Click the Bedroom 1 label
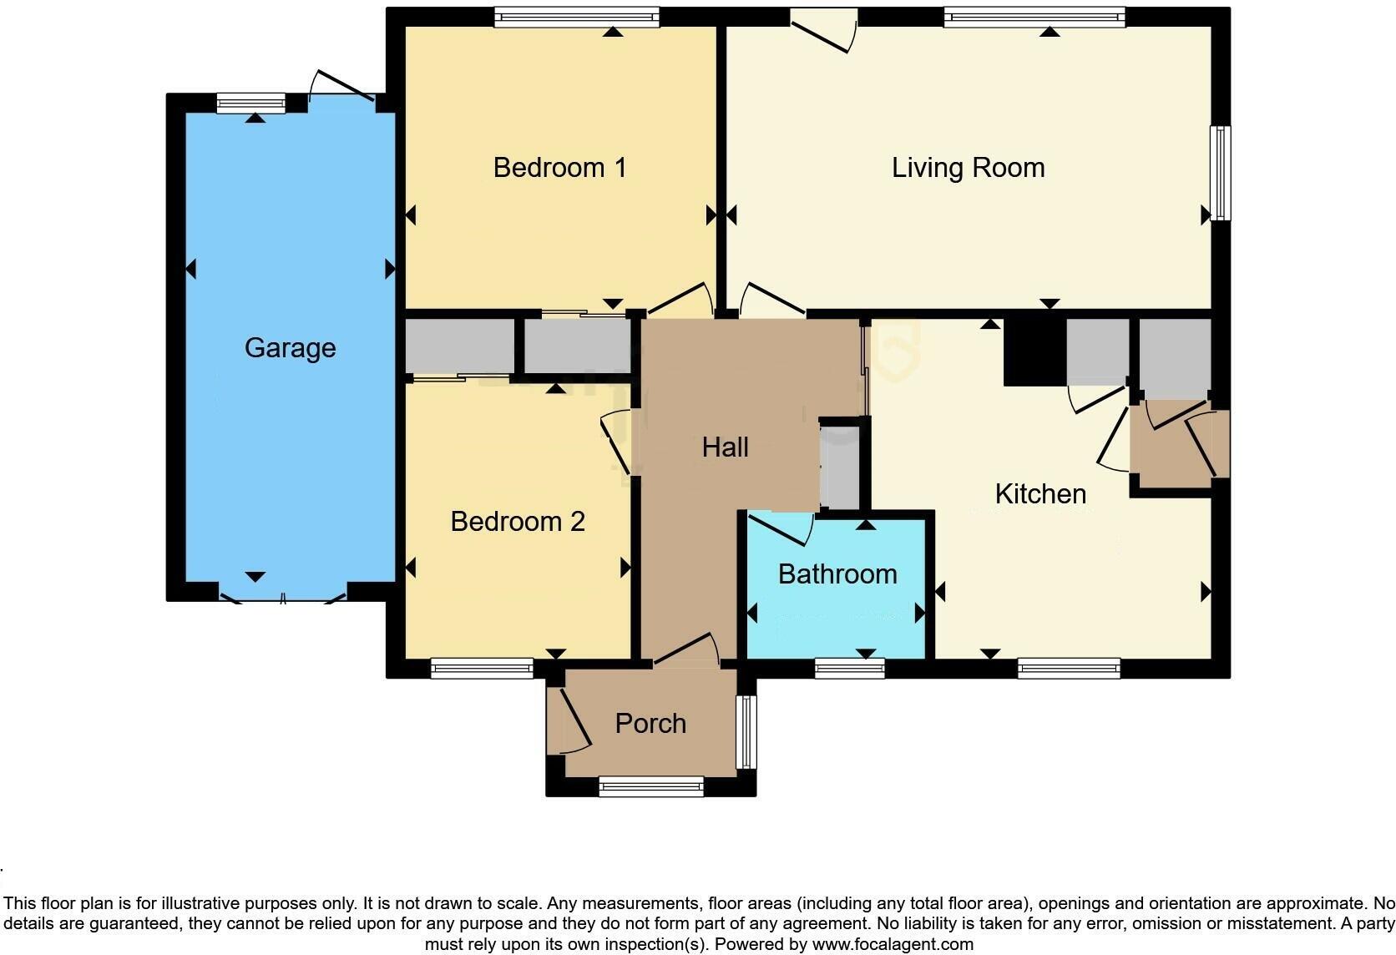click(x=559, y=168)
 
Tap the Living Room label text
click(x=968, y=168)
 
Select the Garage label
click(x=290, y=348)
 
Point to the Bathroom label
click(x=837, y=574)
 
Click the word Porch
click(x=650, y=724)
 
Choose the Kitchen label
click(x=1040, y=494)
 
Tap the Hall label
click(x=725, y=447)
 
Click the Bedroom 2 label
click(x=517, y=522)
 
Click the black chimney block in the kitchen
click(x=1034, y=352)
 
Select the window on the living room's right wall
click(x=1221, y=173)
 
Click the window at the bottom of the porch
click(x=651, y=786)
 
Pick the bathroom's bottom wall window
click(x=849, y=668)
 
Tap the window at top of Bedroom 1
click(x=576, y=17)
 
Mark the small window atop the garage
click(x=250, y=104)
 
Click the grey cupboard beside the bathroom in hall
click(x=839, y=467)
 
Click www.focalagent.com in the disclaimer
click(x=893, y=945)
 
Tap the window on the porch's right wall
click(x=746, y=732)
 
